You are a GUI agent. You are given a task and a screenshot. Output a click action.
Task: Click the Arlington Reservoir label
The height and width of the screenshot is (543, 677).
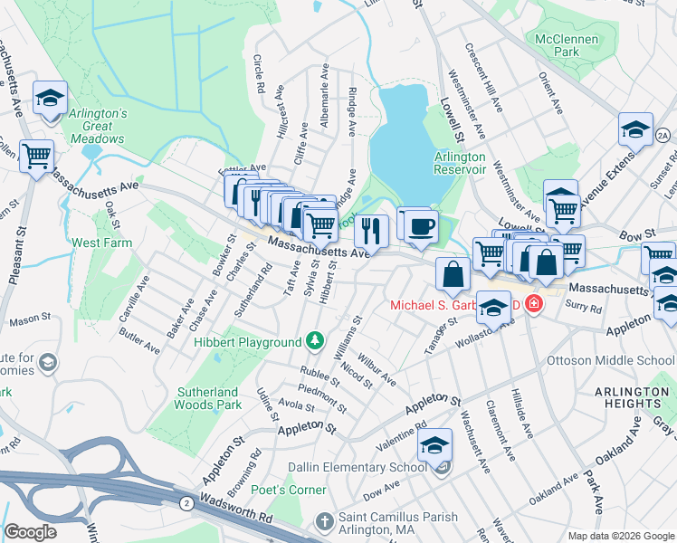pos(460,163)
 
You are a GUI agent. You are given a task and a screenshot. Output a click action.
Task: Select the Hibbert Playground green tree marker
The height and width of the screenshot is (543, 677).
pos(314,341)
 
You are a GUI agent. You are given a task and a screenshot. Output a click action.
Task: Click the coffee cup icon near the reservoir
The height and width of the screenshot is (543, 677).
pos(420,226)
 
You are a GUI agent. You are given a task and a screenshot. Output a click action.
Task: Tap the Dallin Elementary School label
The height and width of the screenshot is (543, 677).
pos(357,467)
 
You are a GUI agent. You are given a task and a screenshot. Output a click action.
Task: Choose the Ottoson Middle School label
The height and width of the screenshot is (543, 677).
pos(611,360)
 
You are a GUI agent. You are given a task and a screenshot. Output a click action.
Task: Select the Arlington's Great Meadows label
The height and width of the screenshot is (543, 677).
pos(98,120)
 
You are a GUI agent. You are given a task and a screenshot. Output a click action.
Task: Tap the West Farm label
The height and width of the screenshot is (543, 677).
pos(101,243)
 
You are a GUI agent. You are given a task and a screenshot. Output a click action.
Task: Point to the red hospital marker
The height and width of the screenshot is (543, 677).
pos(534,303)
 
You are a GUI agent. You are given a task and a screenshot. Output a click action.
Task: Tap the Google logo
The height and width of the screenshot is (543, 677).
pos(30,532)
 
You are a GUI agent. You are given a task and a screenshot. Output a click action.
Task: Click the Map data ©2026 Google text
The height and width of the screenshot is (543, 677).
pos(620,536)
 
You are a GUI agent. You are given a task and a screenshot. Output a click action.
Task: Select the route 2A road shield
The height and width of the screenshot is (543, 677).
pos(663,135)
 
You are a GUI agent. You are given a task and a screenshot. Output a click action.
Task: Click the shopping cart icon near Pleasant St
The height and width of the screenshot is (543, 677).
pos(37,157)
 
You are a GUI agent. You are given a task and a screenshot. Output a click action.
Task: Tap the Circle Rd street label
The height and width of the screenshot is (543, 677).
pos(258,74)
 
